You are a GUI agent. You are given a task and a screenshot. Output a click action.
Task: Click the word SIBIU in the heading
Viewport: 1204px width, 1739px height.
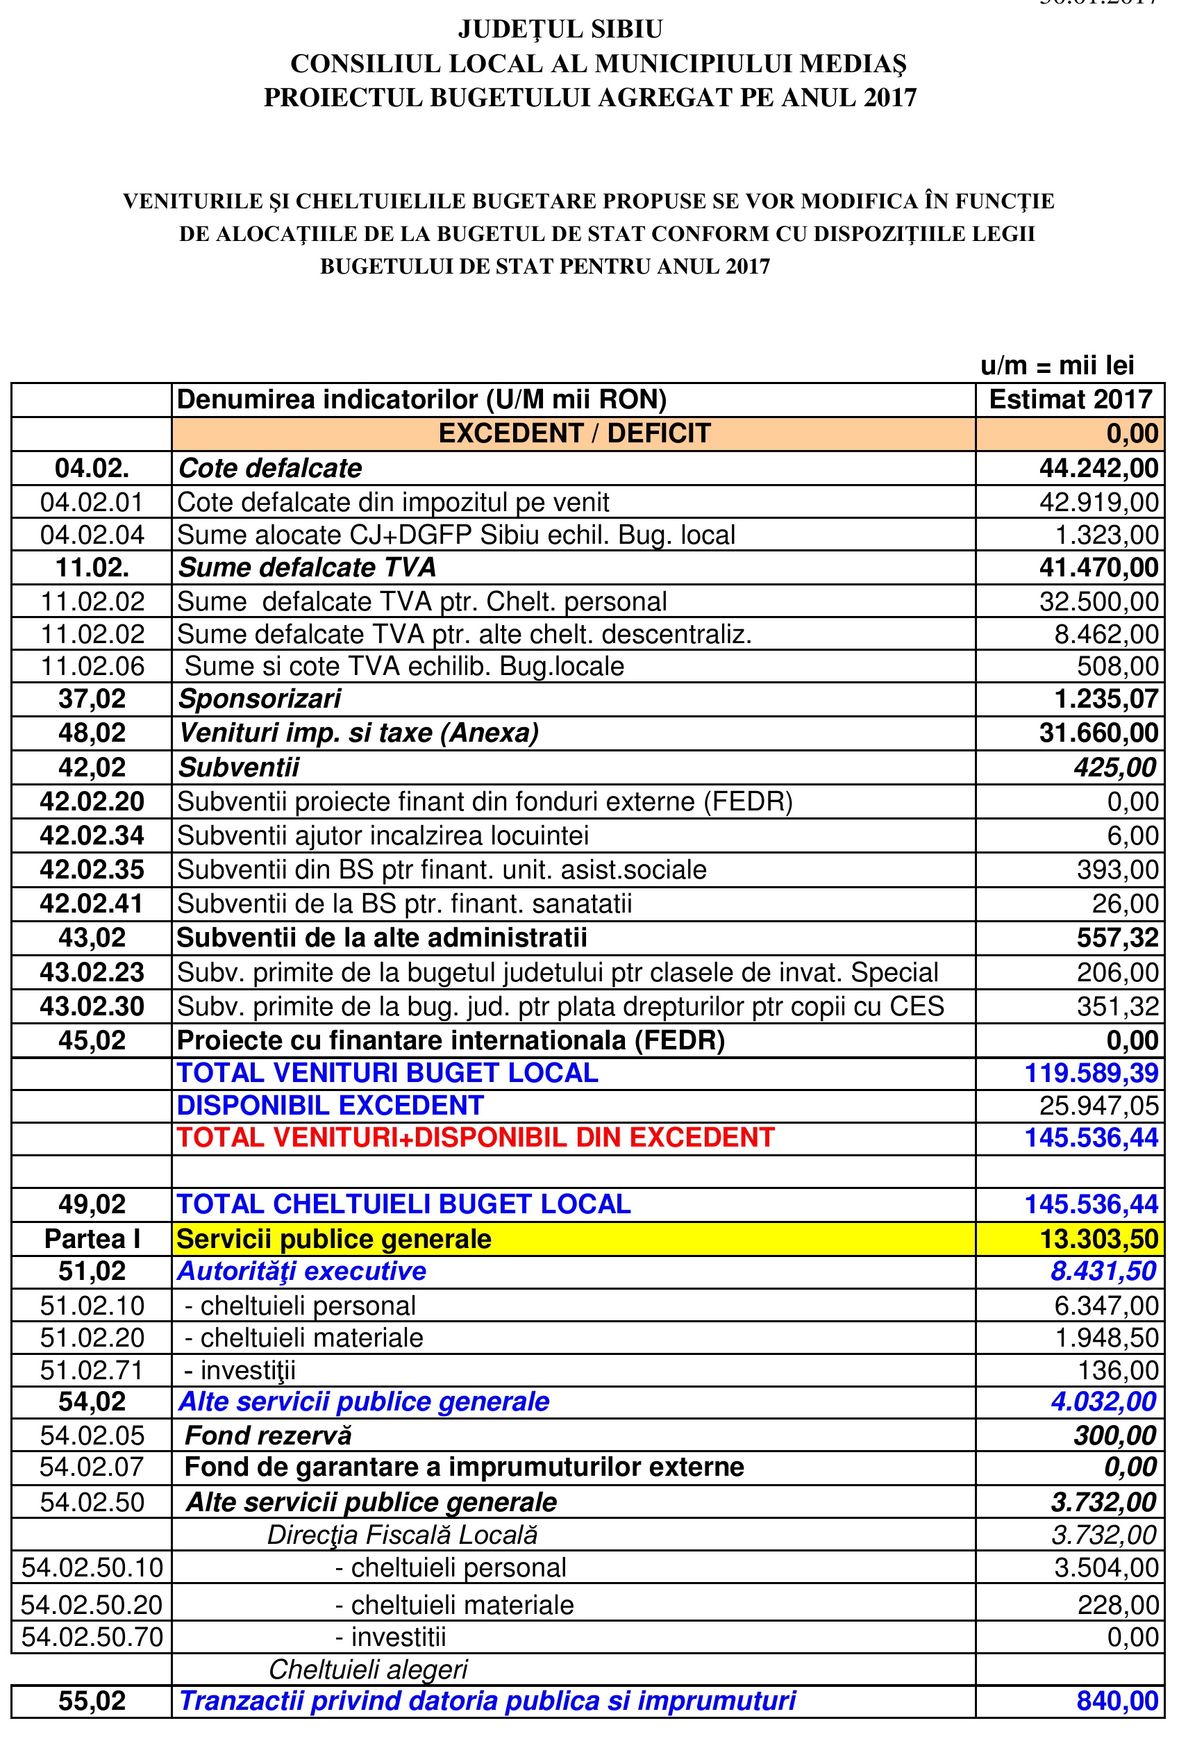point(627,29)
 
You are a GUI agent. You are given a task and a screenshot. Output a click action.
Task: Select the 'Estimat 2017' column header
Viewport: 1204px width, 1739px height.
point(1071,399)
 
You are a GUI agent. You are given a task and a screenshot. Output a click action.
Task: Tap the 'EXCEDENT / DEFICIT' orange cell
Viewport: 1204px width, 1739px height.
point(574,434)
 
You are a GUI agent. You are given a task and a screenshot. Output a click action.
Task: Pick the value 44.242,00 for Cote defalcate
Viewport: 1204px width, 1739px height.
point(1098,469)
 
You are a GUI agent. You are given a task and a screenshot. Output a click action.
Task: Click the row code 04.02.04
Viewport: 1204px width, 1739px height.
point(92,535)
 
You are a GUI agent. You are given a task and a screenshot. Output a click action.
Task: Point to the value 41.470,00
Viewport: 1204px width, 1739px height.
point(1098,567)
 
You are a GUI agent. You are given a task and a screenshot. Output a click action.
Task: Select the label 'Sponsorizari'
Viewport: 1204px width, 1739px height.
point(260,699)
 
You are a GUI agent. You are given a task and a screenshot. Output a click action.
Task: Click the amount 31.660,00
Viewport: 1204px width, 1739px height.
point(1098,733)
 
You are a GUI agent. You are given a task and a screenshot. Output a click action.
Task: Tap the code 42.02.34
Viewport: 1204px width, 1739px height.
point(92,836)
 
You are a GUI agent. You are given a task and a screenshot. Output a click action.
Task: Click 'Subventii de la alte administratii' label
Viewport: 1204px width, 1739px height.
point(382,938)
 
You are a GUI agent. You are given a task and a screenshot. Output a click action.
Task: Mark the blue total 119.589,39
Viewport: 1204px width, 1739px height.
point(1091,1073)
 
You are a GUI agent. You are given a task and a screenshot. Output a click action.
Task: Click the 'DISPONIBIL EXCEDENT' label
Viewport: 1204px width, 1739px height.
point(330,1105)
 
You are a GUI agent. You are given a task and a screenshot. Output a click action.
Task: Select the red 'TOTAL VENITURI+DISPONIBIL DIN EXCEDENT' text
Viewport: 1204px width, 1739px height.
point(475,1138)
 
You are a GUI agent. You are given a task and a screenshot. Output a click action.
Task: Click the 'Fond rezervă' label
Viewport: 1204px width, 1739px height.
point(268,1435)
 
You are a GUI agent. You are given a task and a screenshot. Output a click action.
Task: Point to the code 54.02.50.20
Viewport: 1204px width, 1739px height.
point(92,1604)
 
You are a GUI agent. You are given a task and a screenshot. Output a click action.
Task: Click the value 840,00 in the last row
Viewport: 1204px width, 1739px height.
point(1117,1701)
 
